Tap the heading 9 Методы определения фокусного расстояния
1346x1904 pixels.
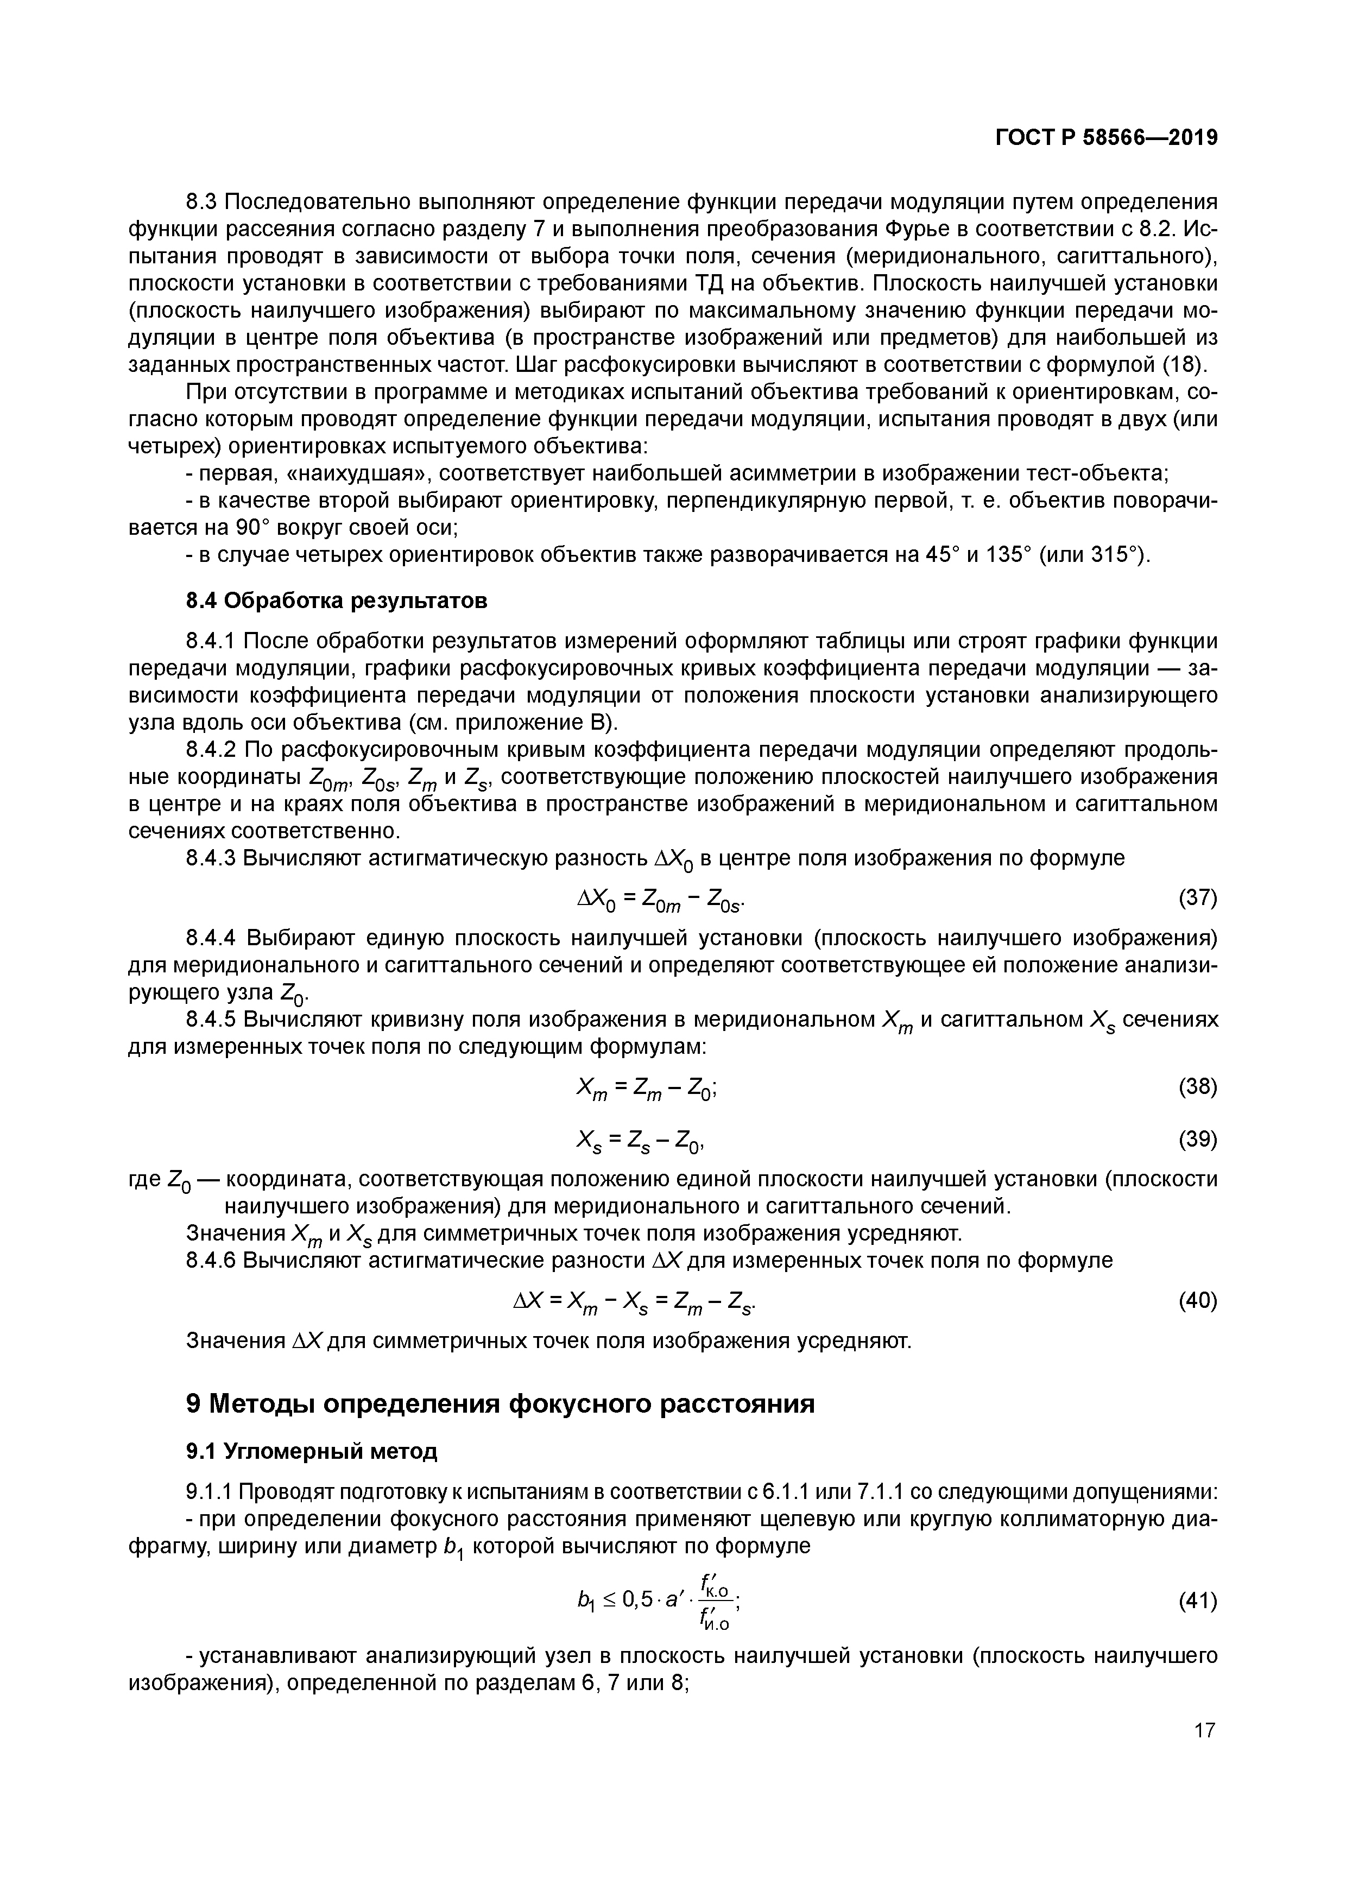click(x=500, y=1403)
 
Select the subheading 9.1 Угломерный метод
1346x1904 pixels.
click(x=311, y=1451)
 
